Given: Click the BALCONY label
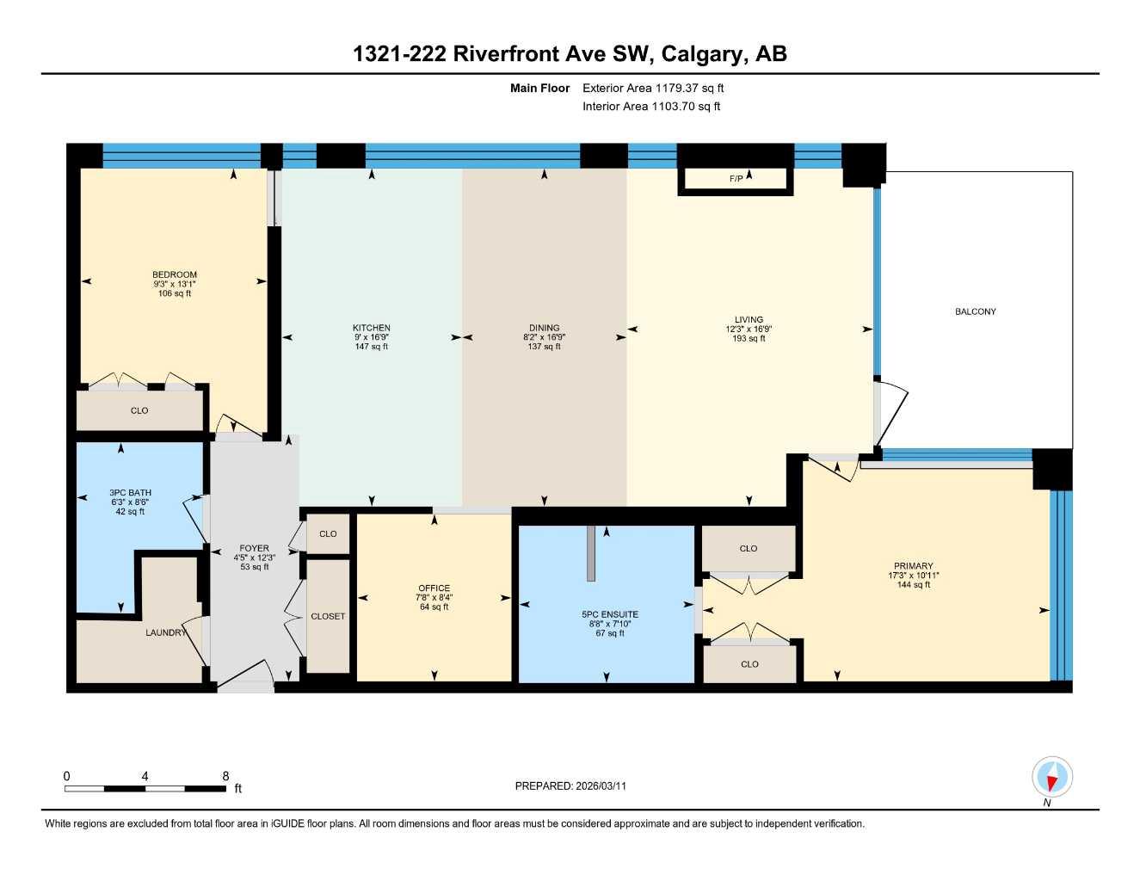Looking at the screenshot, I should click(x=975, y=311).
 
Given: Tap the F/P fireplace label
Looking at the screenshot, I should click(x=736, y=179).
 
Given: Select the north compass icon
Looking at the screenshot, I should click(x=1051, y=778).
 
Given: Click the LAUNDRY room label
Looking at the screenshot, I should click(x=165, y=632).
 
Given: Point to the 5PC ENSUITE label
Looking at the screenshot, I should click(x=610, y=614).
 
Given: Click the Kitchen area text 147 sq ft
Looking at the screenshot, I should click(x=372, y=347).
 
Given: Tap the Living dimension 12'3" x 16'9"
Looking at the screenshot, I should click(x=749, y=329).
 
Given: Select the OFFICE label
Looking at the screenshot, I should click(x=434, y=588).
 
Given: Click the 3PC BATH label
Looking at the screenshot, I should click(x=130, y=493).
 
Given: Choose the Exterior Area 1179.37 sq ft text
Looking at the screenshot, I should click(x=653, y=88).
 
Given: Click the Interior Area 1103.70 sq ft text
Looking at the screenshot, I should click(x=651, y=107).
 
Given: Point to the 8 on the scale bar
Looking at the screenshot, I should click(x=225, y=776).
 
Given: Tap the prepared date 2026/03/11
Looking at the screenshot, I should click(x=601, y=786).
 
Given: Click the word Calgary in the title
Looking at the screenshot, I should click(x=703, y=54).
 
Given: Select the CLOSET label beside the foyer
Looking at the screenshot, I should click(x=328, y=616).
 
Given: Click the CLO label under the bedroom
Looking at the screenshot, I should click(x=139, y=410).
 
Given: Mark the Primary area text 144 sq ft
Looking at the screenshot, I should click(x=913, y=585).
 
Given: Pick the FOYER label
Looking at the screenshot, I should click(x=254, y=548).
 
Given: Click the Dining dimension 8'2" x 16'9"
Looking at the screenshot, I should click(x=544, y=337).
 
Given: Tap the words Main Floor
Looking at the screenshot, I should click(x=539, y=88).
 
